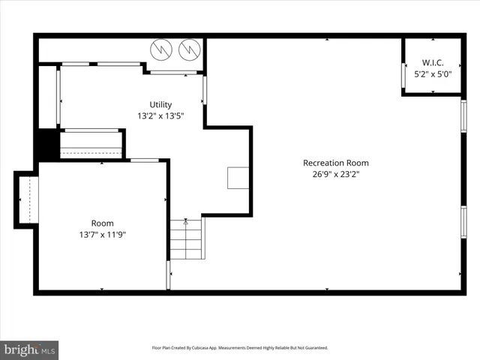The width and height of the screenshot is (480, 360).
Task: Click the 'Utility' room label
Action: pos(160,104)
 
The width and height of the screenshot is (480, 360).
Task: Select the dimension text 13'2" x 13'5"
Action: pos(160,116)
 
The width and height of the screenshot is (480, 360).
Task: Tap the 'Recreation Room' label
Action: pos(335,163)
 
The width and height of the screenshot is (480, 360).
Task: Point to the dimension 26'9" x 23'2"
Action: pos(335,174)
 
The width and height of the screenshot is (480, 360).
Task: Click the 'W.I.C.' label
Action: pos(433,63)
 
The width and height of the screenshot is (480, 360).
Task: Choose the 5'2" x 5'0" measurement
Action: pos(433,74)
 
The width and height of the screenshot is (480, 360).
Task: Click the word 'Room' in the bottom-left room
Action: pos(103,223)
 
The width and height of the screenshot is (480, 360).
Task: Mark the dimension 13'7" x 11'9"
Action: pos(103,235)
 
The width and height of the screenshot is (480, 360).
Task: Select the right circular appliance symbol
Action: pos(189,49)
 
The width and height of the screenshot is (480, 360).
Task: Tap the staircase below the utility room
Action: pos(185,238)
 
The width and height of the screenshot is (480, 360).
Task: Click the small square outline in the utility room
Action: pos(238,178)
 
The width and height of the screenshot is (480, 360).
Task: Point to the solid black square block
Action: pos(49,144)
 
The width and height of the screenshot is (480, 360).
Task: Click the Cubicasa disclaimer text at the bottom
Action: pos(240,348)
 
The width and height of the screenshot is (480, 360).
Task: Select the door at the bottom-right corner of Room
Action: pos(169,274)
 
